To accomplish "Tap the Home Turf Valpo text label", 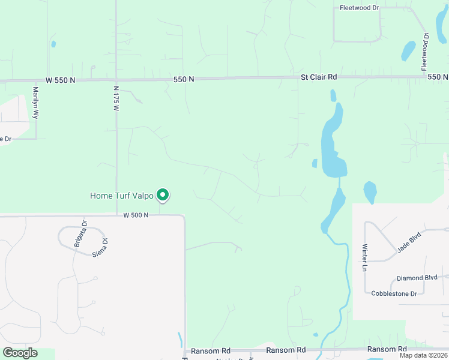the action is click(122, 196).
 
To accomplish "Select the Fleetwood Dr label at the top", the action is click(359, 8).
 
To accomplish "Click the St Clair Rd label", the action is click(319, 77).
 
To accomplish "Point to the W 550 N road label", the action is click(61, 80).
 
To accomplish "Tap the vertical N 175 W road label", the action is click(116, 98).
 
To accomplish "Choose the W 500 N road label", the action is click(136, 215).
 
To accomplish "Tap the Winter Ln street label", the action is click(364, 257).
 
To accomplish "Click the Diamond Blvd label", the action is click(417, 278).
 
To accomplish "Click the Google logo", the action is click(20, 353).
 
